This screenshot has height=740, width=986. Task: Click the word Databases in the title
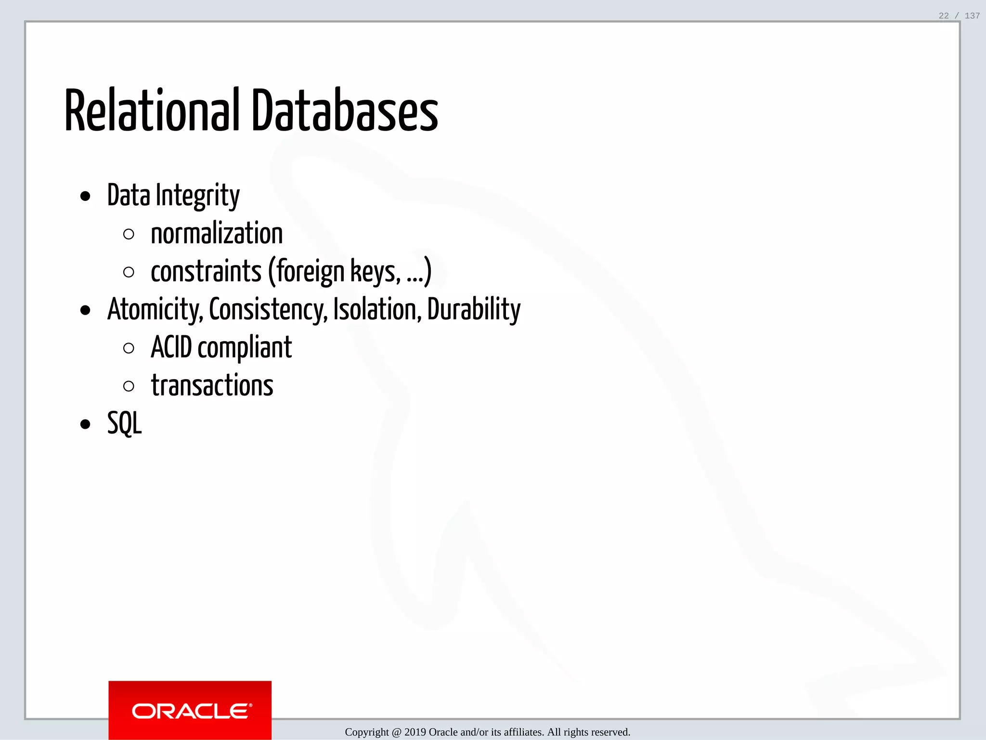point(345,111)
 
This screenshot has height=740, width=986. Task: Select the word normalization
point(217,234)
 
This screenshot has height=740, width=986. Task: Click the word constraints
point(206,272)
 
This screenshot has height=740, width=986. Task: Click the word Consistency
point(268,310)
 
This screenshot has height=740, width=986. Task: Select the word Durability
point(474,310)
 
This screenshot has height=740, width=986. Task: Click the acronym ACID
point(171,348)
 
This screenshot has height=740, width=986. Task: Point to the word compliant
point(245,348)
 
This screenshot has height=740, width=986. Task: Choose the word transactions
point(212,386)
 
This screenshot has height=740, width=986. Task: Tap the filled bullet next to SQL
point(85,424)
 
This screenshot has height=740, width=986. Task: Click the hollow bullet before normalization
point(129,235)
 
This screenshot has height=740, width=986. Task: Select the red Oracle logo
point(190,710)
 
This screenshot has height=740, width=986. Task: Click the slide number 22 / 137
point(959,16)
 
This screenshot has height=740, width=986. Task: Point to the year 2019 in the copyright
point(415,732)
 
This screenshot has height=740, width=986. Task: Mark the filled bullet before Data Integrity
point(85,197)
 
